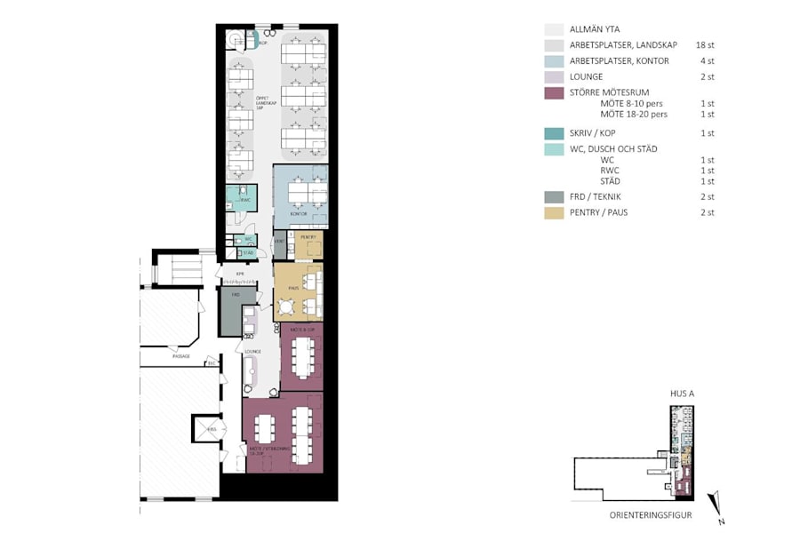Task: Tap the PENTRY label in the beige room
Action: click(x=308, y=237)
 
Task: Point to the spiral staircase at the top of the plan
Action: click(x=236, y=40)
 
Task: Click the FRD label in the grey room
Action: click(x=236, y=293)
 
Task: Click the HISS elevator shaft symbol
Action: click(x=210, y=428)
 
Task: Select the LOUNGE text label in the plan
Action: click(x=252, y=352)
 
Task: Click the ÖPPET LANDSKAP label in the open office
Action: click(x=262, y=101)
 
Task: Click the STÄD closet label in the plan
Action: click(x=249, y=253)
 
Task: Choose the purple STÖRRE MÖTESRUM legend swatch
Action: click(x=554, y=93)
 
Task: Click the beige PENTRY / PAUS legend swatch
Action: click(x=554, y=212)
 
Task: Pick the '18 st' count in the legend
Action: click(x=705, y=44)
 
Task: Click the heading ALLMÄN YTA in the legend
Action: click(x=595, y=29)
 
